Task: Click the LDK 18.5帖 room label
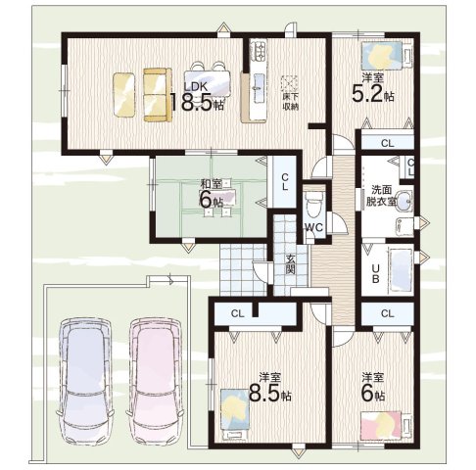point(196,97)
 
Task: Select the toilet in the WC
point(313,205)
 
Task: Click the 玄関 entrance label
point(290,264)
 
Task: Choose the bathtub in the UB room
point(401,268)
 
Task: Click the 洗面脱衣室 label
point(381,196)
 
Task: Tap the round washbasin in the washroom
point(404,201)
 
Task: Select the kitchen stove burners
point(259,51)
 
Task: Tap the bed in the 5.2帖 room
point(381,56)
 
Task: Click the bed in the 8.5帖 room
point(234,409)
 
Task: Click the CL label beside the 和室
point(285,182)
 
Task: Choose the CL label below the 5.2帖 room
point(388,143)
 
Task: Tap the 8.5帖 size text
point(269,393)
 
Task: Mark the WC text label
point(313,227)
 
